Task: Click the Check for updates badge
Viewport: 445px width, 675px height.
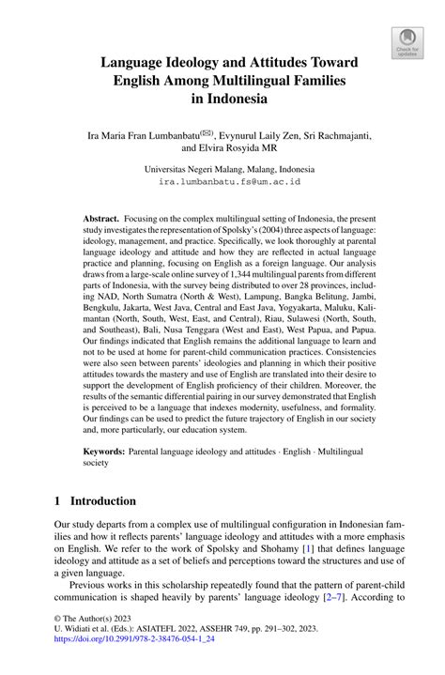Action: pos(407,40)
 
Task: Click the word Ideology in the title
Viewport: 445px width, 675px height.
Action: pos(192,62)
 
